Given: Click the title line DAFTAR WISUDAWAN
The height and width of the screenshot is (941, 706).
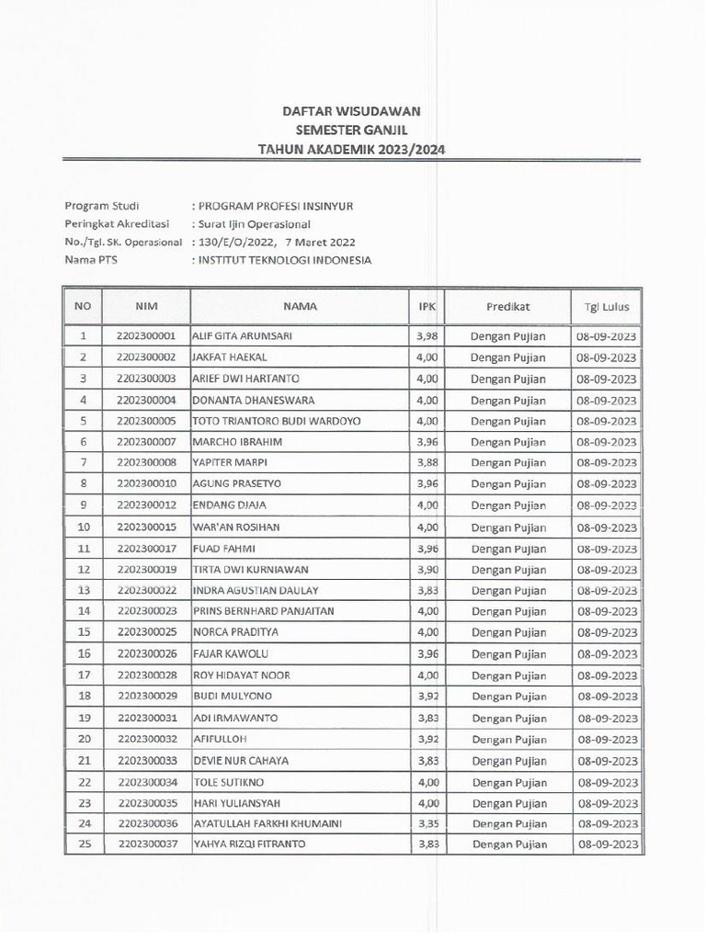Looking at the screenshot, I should click(x=351, y=110).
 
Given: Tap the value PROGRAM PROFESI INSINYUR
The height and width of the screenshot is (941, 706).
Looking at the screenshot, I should click(x=279, y=205).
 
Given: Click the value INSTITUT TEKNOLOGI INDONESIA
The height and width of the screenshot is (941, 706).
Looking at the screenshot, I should click(x=283, y=260).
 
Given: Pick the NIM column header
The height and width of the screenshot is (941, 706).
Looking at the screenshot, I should click(x=147, y=306).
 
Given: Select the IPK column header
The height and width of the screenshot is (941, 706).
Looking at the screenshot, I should click(x=426, y=306).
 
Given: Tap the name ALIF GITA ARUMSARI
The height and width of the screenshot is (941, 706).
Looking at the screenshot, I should click(x=242, y=336).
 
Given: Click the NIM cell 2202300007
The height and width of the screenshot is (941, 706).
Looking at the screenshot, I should click(x=147, y=442).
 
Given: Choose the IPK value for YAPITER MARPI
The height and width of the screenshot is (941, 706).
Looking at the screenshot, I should click(x=426, y=463).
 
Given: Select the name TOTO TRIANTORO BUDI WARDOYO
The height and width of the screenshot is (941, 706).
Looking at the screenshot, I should click(x=276, y=421).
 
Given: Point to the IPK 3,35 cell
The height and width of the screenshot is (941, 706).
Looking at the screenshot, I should click(x=426, y=823).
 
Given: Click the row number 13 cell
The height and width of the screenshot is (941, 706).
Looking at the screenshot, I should click(x=84, y=590).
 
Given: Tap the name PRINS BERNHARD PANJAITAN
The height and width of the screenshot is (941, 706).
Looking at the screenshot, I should click(x=263, y=611).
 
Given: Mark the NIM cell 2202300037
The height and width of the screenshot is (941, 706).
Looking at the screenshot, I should click(x=147, y=845).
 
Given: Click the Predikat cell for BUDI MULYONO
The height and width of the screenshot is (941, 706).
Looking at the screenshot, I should click(x=507, y=697).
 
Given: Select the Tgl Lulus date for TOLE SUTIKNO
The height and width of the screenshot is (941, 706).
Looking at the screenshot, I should click(x=606, y=782).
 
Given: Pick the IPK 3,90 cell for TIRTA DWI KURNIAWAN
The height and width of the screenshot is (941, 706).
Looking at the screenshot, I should click(x=426, y=570).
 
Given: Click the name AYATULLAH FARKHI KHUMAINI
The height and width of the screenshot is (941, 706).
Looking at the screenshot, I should click(x=268, y=823).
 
